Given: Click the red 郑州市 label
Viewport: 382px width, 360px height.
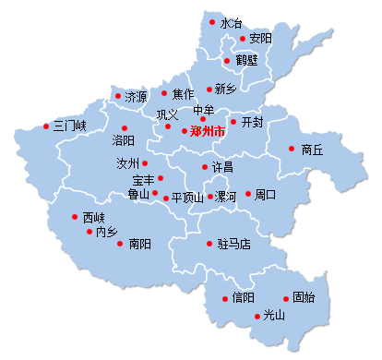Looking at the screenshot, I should coord(208,132).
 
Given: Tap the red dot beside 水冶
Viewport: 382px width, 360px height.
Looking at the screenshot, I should coord(212,21).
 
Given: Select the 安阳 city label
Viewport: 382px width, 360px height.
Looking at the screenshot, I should coord(260,39).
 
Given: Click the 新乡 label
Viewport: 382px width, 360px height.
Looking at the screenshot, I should coord(226,90).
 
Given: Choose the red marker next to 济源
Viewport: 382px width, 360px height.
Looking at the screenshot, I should coord(117,95).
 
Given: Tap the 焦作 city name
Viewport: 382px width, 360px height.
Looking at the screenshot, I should coord(184,94).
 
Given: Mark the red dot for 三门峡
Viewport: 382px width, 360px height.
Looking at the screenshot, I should coord(45,126).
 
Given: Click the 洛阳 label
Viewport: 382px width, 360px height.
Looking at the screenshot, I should coord(123,140).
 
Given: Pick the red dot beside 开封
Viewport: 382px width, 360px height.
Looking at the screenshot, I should coord(233,122).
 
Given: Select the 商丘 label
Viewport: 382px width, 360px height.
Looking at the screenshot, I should coord(312,149).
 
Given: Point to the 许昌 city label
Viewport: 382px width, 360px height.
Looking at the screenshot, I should coord(222,168).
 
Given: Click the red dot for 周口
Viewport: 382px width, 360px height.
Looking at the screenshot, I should coord(247,194).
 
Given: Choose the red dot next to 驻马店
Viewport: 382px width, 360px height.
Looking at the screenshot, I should coord(209,245).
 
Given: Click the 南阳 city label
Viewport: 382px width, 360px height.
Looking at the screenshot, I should coord(140,245).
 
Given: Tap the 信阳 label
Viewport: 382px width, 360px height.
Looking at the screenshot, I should coord(244,298).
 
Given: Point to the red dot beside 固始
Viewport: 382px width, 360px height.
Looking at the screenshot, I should coord(284,297).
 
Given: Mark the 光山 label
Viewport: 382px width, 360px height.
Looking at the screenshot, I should coord(274,316).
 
